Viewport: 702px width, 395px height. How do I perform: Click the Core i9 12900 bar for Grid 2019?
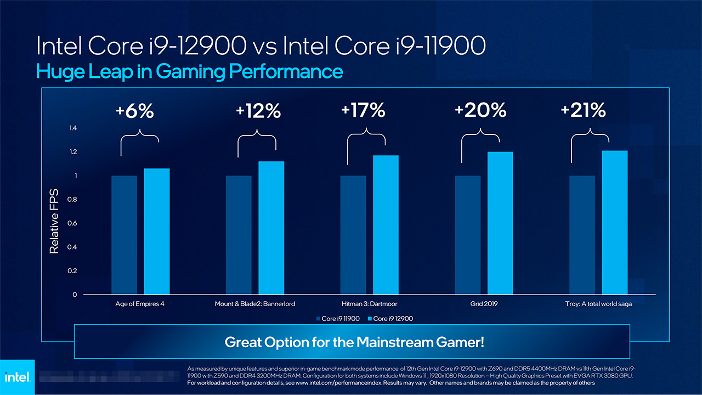coord(500,223)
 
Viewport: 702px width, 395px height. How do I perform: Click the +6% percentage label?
coord(135,111)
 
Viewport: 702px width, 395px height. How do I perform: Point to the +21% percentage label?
coord(583,111)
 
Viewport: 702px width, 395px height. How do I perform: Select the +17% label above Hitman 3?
coord(363,111)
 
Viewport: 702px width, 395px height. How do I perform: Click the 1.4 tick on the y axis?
coord(73,128)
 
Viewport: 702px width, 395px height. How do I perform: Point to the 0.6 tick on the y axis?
coord(73,223)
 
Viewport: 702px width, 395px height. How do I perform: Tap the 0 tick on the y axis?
coord(75,295)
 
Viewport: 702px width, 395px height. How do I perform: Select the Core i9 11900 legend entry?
coord(336,319)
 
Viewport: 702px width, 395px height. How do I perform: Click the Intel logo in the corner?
coord(17,377)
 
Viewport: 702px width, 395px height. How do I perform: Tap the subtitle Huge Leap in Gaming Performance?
coord(189,72)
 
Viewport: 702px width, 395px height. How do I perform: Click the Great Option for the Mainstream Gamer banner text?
coord(354,342)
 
